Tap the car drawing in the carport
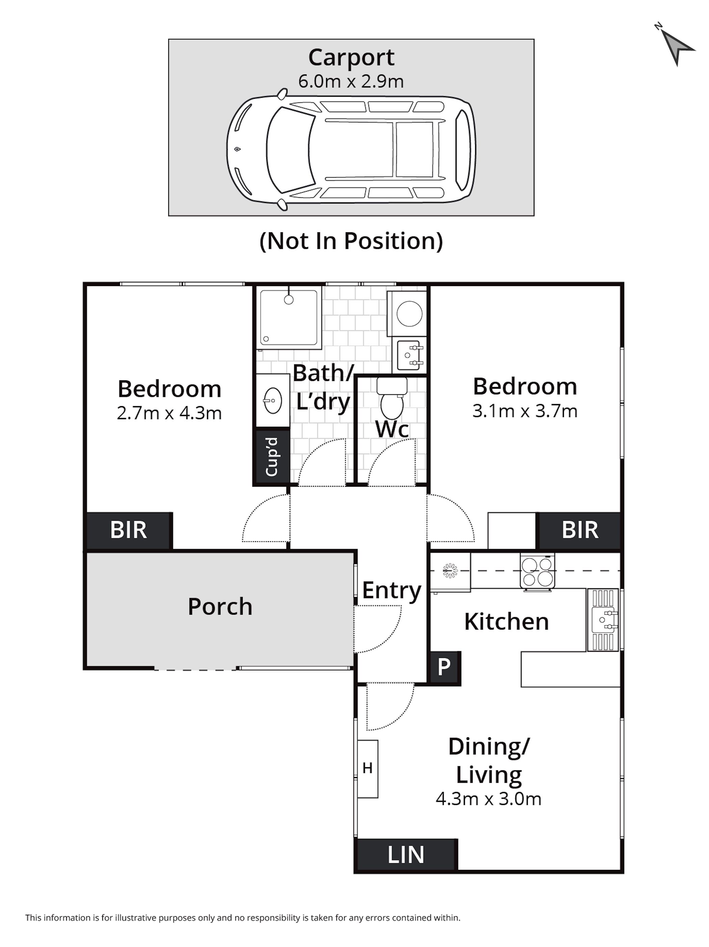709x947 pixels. click(351, 149)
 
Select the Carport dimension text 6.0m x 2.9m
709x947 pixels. click(351, 81)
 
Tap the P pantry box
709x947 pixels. click(445, 667)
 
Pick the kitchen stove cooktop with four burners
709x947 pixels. click(537, 571)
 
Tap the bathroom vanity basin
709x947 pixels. click(272, 400)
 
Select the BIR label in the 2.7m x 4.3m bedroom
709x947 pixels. click(128, 530)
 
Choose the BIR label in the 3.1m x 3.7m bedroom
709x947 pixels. click(580, 530)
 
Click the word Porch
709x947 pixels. click(220, 607)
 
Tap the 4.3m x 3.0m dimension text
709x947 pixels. click(489, 799)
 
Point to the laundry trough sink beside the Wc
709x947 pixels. click(410, 355)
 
